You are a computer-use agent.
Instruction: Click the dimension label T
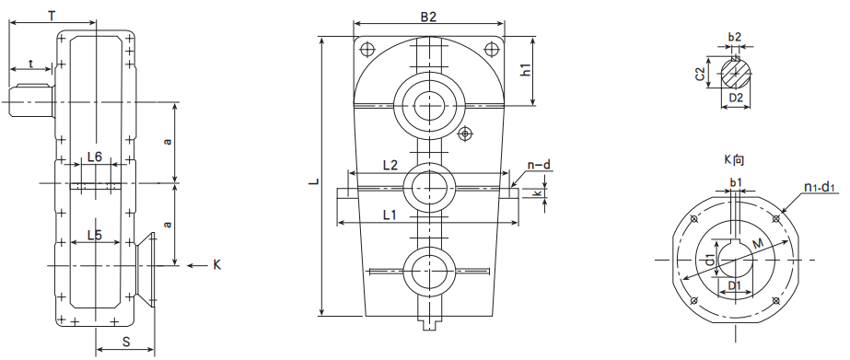tap(52, 16)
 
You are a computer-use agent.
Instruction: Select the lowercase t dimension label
tap(31, 64)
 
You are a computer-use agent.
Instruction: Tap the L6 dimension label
tap(95, 157)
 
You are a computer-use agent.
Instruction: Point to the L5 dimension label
tap(95, 236)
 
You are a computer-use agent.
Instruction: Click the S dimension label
tap(126, 343)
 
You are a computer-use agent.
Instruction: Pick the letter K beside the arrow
tap(216, 265)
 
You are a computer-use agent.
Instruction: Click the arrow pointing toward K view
tap(196, 266)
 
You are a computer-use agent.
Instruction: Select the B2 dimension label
tap(428, 17)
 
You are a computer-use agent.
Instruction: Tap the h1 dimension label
tap(525, 69)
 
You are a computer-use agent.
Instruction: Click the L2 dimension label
tap(390, 166)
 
